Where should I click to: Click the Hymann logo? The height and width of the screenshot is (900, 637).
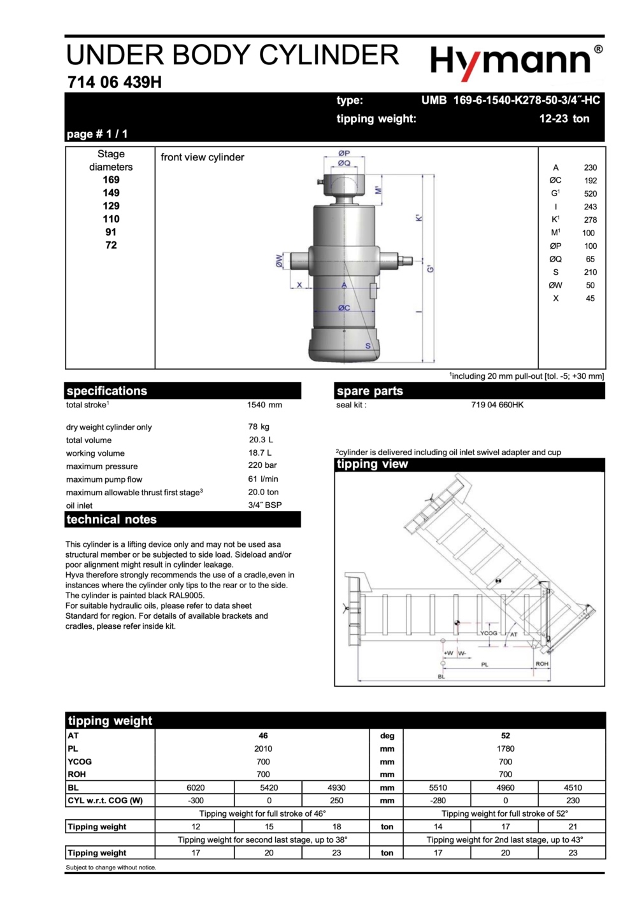516,62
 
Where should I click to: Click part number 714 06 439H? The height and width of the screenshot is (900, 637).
115,82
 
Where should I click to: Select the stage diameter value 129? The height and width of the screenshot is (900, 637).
111,206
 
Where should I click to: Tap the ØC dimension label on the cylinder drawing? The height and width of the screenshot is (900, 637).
344,307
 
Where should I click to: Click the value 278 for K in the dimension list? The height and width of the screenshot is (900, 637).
590,220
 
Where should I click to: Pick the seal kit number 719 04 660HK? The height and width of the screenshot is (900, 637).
497,405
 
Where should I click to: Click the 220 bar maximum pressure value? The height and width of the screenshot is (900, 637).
262,465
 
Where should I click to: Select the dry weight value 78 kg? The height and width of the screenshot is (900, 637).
259,426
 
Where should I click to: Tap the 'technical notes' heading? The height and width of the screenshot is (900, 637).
111,519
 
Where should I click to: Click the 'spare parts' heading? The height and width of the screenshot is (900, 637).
369,391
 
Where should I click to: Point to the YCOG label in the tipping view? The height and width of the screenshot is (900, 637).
489,633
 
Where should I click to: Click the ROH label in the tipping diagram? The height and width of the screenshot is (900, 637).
541,663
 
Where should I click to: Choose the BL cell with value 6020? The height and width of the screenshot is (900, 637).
196,787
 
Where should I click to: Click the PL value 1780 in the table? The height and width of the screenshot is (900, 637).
505,749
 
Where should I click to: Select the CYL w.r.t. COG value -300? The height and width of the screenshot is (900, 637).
196,801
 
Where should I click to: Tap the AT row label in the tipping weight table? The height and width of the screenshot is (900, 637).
73,735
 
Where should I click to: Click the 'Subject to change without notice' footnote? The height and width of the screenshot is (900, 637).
111,868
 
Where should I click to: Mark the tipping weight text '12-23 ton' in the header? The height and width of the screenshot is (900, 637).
564,118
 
